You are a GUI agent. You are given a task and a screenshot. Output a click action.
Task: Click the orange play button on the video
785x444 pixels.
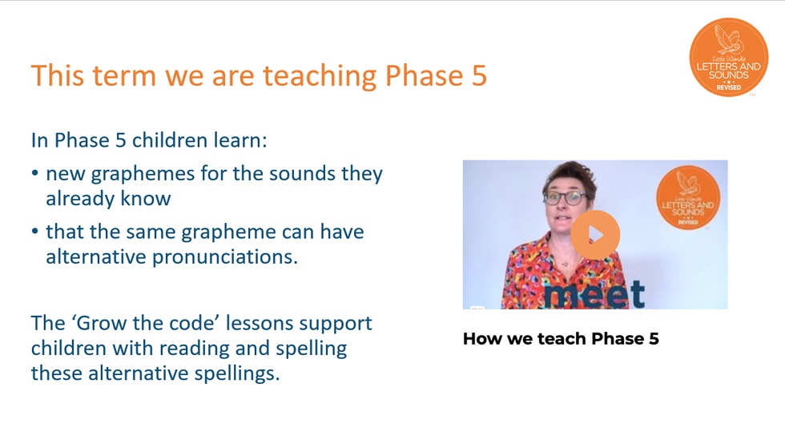pyautogui.click(x=595, y=235)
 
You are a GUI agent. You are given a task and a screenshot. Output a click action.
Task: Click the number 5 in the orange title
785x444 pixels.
pyautogui.click(x=479, y=75)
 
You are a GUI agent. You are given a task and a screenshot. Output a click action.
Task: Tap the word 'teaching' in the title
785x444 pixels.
pyautogui.click(x=320, y=77)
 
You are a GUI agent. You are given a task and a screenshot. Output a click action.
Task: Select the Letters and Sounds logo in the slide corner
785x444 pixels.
pyautogui.click(x=728, y=57)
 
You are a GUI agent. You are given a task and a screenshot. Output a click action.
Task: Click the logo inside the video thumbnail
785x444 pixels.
pyautogui.click(x=688, y=197)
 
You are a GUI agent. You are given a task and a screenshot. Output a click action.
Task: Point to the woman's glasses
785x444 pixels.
pyautogui.click(x=566, y=197)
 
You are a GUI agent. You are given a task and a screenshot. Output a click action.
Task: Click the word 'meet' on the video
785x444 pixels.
pyautogui.click(x=594, y=294)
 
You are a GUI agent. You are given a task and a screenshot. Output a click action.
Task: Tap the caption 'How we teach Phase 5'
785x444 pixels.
pyautogui.click(x=561, y=339)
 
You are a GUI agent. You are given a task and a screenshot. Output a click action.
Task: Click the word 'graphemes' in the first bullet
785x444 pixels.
pyautogui.click(x=143, y=175)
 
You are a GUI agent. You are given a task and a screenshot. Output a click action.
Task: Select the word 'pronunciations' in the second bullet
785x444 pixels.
pyautogui.click(x=225, y=257)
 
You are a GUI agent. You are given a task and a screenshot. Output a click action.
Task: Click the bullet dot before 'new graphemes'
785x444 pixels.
pyautogui.click(x=34, y=173)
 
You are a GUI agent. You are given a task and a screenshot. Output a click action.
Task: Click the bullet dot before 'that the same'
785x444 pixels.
pyautogui.click(x=34, y=232)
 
